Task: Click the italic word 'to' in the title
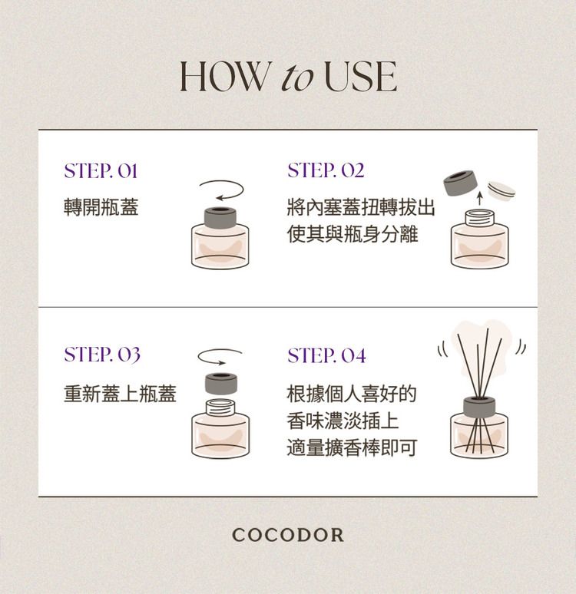click(x=297, y=78)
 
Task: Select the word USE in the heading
click(x=361, y=76)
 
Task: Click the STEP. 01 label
click(x=101, y=171)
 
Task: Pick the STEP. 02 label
click(x=326, y=170)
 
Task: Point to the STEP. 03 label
click(x=102, y=355)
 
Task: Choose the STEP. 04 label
click(x=326, y=355)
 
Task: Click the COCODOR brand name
click(x=288, y=535)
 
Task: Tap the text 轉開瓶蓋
click(x=101, y=207)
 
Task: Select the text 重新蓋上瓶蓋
click(x=120, y=393)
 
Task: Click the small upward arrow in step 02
click(x=480, y=199)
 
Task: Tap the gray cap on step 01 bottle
click(x=220, y=218)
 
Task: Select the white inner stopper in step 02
click(x=502, y=190)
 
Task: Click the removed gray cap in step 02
click(x=459, y=183)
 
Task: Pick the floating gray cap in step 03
click(x=221, y=384)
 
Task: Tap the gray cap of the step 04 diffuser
click(x=479, y=407)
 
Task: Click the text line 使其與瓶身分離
click(x=353, y=234)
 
